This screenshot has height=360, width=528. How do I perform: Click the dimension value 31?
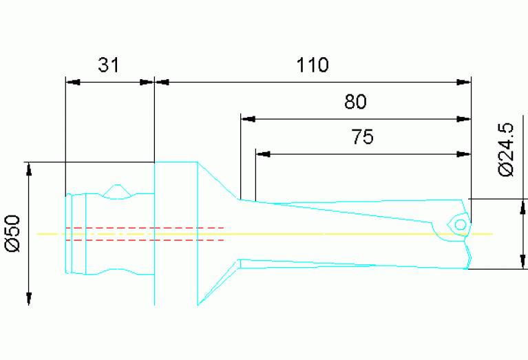click(x=109, y=65)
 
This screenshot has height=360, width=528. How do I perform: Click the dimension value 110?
click(x=313, y=65)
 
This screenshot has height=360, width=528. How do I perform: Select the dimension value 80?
click(x=355, y=103)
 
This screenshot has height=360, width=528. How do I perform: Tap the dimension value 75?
click(x=362, y=138)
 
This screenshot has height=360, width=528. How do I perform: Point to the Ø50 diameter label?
click(x=14, y=233)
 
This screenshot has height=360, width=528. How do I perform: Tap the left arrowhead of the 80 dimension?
click(x=248, y=119)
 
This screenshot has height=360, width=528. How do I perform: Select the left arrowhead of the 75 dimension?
click(x=262, y=153)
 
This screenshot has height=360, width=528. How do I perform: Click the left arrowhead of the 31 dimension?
click(x=72, y=82)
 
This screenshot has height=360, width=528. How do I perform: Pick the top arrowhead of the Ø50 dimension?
click(x=29, y=169)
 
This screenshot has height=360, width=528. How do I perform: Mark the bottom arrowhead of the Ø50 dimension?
click(x=29, y=297)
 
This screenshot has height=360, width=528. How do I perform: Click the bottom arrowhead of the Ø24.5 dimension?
click(x=522, y=262)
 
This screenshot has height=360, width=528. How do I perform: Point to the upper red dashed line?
click(x=145, y=227)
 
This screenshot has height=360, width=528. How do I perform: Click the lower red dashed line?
click(x=145, y=240)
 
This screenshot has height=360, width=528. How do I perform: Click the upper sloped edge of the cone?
click(x=219, y=182)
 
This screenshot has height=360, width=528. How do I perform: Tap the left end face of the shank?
click(x=67, y=234)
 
